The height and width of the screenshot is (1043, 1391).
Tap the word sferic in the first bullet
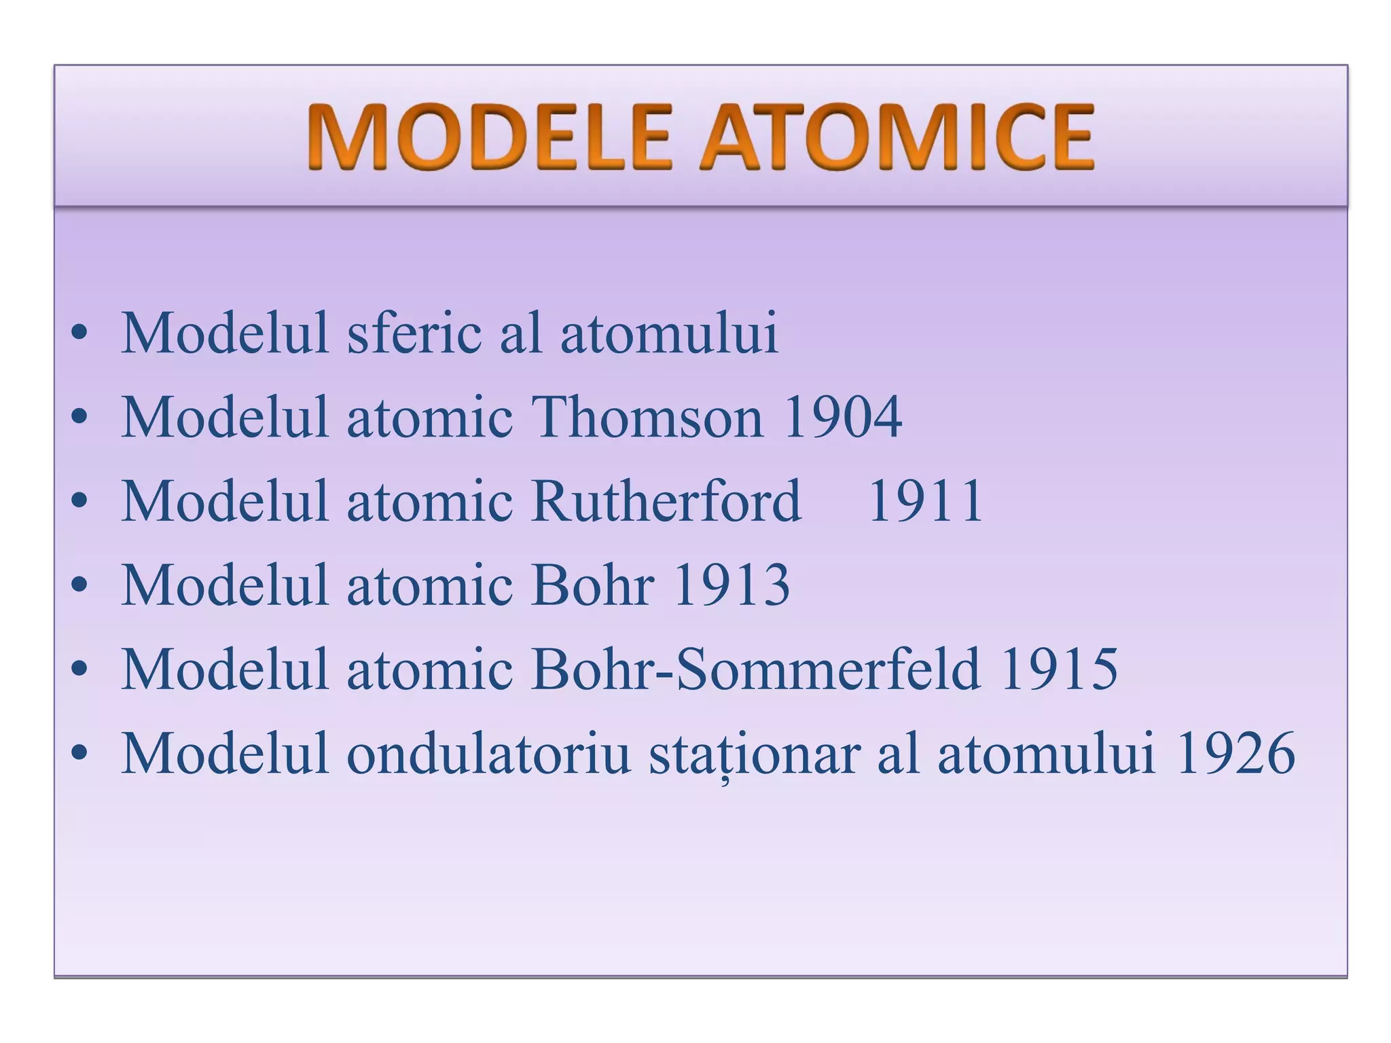[x=414, y=333]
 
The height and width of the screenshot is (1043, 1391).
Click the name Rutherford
[x=666, y=500]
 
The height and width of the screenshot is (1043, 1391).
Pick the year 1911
[x=925, y=500]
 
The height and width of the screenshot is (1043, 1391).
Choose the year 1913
[x=731, y=585]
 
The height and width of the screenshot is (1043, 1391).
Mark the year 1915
[x=1059, y=669]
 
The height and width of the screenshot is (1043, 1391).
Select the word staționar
[x=755, y=753]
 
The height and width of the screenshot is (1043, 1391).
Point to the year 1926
[x=1235, y=753]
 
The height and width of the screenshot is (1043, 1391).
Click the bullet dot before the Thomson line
[x=79, y=416]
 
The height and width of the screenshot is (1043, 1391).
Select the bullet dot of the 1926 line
[x=79, y=753]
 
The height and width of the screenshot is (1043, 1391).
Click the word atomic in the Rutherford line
[x=430, y=500]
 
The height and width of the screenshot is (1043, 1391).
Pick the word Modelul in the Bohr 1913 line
[x=225, y=585]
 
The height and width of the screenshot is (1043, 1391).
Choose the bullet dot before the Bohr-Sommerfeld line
[x=79, y=669]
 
